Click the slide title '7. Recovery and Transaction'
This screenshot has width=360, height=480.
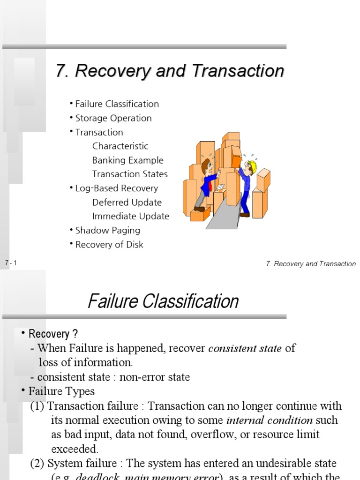[170, 71]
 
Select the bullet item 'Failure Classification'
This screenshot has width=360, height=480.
[117, 104]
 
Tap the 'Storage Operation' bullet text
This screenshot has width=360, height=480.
[113, 118]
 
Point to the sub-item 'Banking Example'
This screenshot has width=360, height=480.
[127, 160]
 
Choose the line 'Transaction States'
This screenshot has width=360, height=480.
[130, 174]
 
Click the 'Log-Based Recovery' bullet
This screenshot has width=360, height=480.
[116, 188]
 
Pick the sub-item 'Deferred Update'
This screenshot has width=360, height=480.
[127, 202]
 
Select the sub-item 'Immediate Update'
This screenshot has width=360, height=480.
[130, 217]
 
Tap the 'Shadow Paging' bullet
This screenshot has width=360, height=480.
[107, 231]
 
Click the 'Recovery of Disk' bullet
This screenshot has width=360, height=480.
[109, 245]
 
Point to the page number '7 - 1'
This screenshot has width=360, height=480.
[11, 263]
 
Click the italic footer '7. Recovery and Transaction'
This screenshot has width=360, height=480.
[311, 264]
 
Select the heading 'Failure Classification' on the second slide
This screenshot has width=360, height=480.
[163, 301]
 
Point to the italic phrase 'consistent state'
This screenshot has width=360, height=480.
[245, 349]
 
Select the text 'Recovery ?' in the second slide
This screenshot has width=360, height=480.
[53, 334]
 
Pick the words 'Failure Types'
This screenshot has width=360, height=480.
[61, 391]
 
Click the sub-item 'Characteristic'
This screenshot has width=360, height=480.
[120, 146]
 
